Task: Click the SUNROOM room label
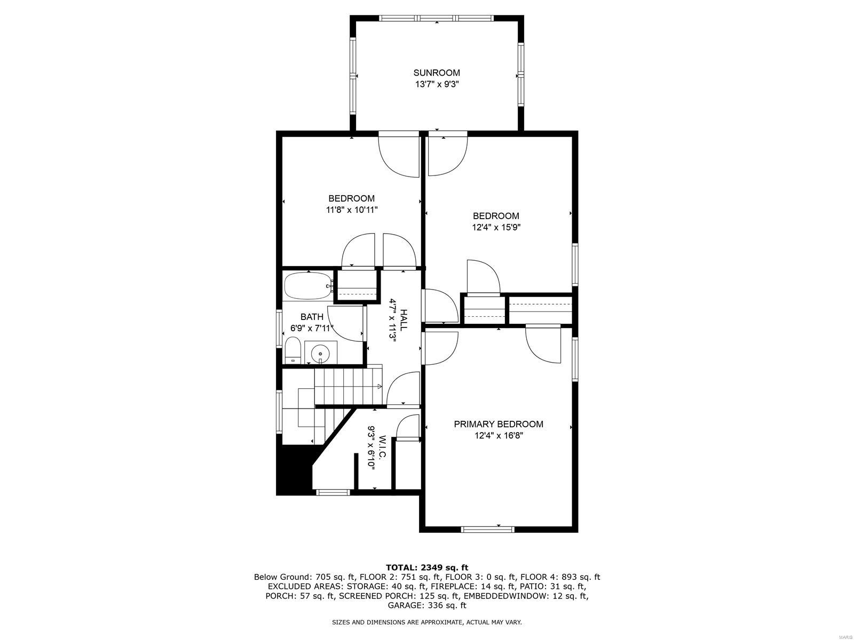pyautogui.click(x=437, y=73)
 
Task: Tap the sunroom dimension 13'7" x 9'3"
pyautogui.click(x=437, y=84)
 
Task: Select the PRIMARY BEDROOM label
pyautogui.click(x=499, y=425)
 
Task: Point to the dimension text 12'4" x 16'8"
pyautogui.click(x=499, y=436)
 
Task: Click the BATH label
pyautogui.click(x=312, y=317)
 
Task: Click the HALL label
pyautogui.click(x=404, y=320)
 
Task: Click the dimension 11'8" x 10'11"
pyautogui.click(x=352, y=210)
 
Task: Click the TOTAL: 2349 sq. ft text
pyautogui.click(x=427, y=567)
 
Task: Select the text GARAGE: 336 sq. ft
pyautogui.click(x=427, y=605)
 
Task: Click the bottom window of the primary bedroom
pyautogui.click(x=487, y=529)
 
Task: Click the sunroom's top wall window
pyautogui.click(x=437, y=18)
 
